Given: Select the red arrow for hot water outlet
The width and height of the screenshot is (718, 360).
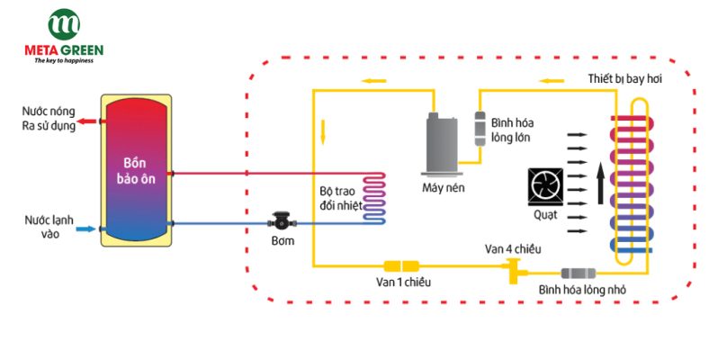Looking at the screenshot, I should pyautogui.click(x=87, y=120).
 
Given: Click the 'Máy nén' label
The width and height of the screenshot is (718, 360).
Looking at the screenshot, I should pyautogui.click(x=442, y=188).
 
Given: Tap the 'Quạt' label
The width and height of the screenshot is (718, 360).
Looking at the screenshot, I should pyautogui.click(x=545, y=215).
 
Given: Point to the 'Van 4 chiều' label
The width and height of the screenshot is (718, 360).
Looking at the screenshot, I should pyautogui.click(x=514, y=247).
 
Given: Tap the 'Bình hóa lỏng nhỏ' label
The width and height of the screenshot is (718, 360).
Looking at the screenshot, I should pyautogui.click(x=583, y=289).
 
